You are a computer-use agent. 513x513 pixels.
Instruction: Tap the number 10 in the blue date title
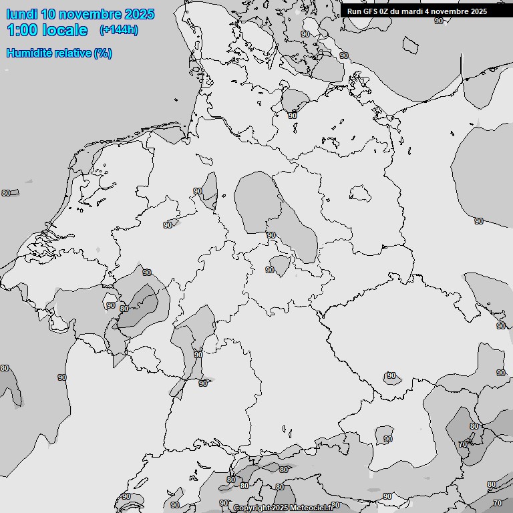49,14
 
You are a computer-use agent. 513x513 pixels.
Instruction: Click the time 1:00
22,30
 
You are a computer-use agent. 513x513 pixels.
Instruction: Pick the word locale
65,30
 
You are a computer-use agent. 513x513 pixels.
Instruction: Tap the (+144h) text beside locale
118,30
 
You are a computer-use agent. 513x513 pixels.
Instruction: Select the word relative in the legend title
74,53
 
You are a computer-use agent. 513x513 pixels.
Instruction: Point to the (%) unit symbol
103,53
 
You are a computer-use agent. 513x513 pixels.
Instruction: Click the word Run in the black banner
354,11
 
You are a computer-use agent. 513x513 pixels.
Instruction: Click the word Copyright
251,508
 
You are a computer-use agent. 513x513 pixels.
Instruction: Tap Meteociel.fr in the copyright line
311,508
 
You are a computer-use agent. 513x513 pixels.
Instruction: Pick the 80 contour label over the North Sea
5,193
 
